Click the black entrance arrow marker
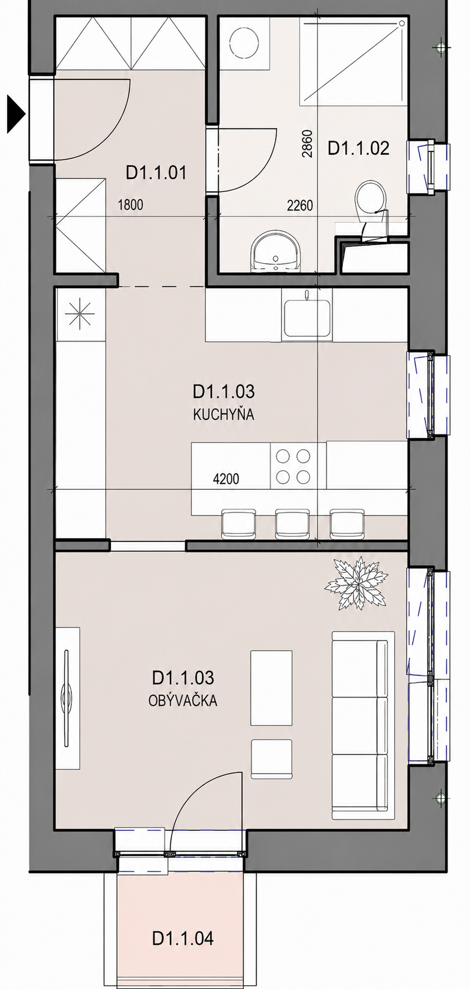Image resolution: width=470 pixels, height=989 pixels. coord(16,114)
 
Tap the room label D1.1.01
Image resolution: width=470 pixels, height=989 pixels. coord(156,173)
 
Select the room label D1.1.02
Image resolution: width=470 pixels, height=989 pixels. coord(359,148)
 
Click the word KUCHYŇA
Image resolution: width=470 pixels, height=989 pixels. coord(223,415)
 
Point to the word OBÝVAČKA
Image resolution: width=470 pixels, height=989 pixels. coord(183,701)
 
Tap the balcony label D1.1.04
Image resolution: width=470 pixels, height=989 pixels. coord(183,938)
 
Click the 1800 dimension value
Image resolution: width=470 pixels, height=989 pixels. coord(131,205)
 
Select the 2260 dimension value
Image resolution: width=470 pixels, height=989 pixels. coord(300,206)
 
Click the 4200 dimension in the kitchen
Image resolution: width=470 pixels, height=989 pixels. coord(226,479)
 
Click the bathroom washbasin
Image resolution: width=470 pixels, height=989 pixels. coord(276,251)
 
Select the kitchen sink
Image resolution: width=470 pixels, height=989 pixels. coord(306,318)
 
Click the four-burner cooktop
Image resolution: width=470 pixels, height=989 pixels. coord(293,465)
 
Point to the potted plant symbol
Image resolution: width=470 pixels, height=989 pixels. coord(356,584)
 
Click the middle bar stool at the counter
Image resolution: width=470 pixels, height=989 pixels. coord(292,524)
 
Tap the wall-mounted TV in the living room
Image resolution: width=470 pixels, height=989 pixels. coord(67,698)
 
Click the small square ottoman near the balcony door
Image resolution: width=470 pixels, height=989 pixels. coord(271,760)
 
